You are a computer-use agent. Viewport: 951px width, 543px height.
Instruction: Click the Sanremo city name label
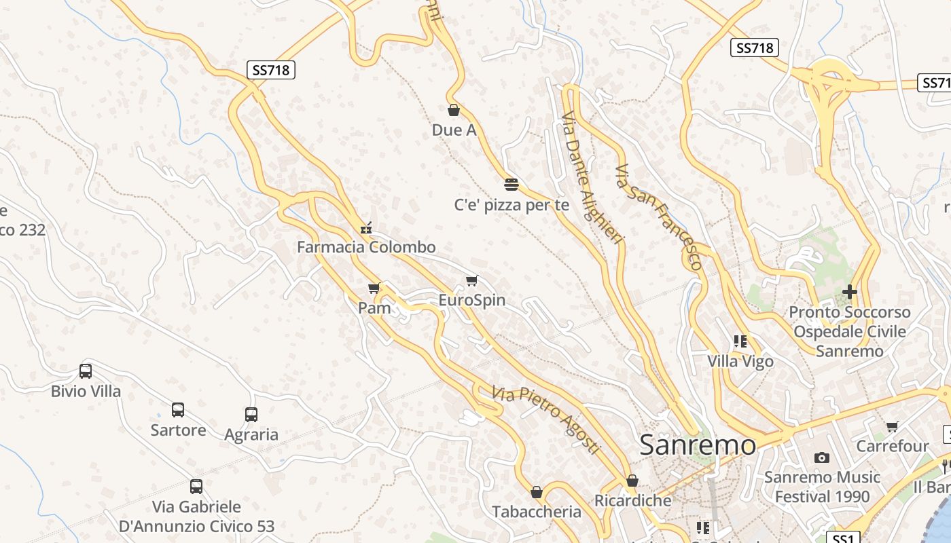tap(698, 445)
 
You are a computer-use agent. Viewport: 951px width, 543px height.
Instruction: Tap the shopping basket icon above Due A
tap(454, 109)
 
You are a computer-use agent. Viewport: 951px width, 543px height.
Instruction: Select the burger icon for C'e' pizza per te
tap(512, 184)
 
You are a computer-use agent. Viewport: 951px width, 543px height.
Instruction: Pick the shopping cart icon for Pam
tap(374, 288)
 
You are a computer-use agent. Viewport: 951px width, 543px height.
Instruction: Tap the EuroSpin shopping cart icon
tap(471, 280)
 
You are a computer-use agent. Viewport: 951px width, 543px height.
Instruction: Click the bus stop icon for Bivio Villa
tap(86, 371)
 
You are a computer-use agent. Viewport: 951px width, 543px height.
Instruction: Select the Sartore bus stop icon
tap(178, 410)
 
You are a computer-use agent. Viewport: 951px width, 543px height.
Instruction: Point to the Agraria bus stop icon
tap(251, 414)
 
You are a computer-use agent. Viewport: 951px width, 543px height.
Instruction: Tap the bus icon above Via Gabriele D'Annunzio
tap(196, 486)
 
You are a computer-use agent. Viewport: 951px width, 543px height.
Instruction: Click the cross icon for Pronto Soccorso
tap(849, 292)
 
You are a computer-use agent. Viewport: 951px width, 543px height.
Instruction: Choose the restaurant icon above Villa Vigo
tap(740, 341)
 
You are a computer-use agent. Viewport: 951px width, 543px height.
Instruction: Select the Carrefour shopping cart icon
tap(892, 426)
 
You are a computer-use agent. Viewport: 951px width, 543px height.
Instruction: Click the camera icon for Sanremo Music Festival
tap(822, 457)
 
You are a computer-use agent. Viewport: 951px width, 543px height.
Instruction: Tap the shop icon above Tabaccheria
tap(537, 492)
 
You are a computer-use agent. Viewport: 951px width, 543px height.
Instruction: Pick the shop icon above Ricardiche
tap(632, 481)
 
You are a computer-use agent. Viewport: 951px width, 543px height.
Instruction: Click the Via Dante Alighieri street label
tap(593, 183)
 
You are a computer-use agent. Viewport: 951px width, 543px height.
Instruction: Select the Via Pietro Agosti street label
tap(546, 419)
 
